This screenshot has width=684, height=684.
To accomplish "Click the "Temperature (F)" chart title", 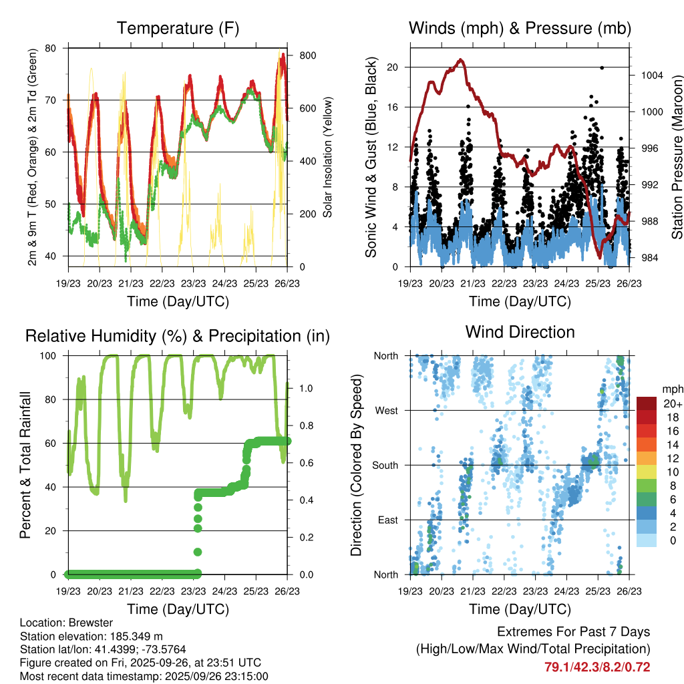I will point(178,29).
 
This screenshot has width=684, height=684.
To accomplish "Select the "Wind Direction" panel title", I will point(520,332).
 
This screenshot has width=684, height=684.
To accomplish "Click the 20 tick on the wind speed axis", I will point(392,67).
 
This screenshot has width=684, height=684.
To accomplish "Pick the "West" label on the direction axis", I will point(387,410).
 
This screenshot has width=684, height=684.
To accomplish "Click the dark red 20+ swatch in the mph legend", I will point(647,404).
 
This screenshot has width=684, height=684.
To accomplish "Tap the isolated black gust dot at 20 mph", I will point(602,67).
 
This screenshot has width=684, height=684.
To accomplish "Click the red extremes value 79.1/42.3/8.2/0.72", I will point(598,667).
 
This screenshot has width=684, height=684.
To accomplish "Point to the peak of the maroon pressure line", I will point(460,60).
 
